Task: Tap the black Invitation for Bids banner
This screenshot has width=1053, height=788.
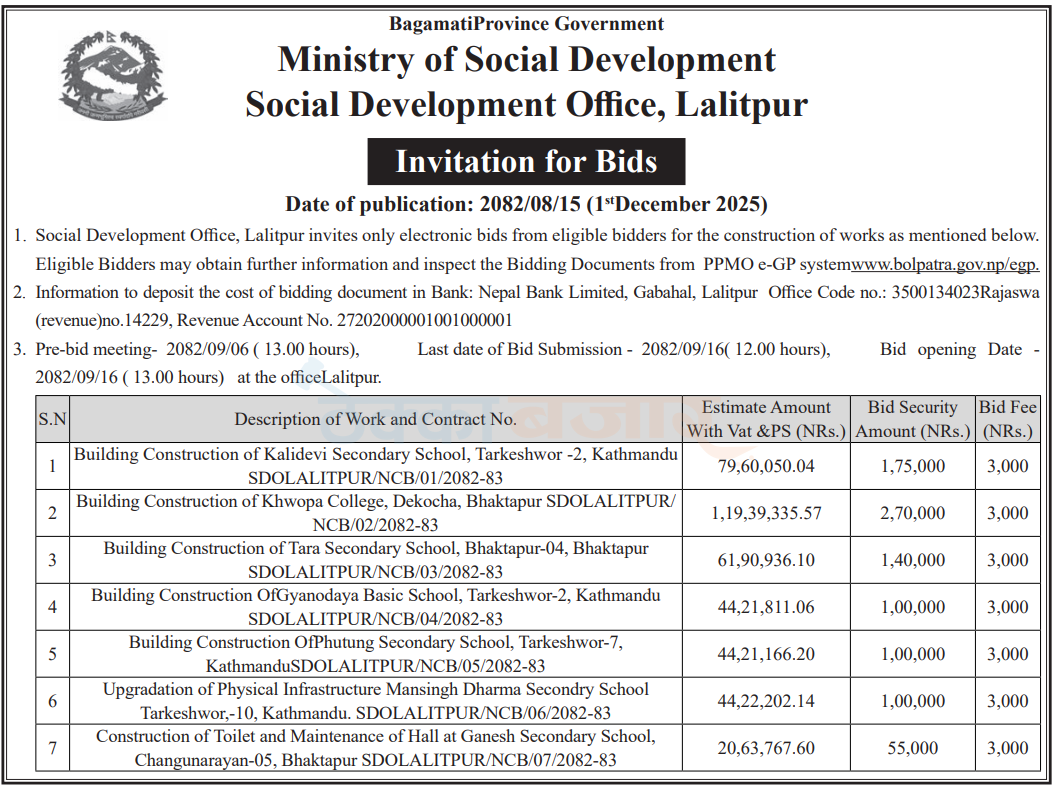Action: pos(526,161)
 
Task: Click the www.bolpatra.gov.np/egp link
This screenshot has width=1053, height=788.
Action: pos(944,265)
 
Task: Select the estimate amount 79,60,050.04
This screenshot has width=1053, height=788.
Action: pos(765,466)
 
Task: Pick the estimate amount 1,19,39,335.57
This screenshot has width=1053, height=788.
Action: pos(766,513)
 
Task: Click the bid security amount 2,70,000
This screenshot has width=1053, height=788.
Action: pos(912,513)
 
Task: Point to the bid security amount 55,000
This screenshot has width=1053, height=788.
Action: pos(912,748)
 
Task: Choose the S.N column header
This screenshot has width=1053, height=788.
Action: pos(52,419)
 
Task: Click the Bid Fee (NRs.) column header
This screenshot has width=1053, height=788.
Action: pos(1008,419)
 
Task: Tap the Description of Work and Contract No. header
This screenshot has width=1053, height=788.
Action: pos(376,419)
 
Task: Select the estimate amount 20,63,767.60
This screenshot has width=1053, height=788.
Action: pos(765,748)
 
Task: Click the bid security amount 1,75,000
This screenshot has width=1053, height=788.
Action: pos(912,466)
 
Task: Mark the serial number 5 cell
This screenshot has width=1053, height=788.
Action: pos(52,654)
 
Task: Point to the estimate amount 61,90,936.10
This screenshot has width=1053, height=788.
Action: pos(765,560)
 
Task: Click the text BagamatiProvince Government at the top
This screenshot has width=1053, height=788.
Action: pos(526,24)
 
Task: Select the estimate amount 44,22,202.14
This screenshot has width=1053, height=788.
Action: pos(765,701)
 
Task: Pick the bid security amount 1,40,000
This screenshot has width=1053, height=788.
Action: pos(912,560)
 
